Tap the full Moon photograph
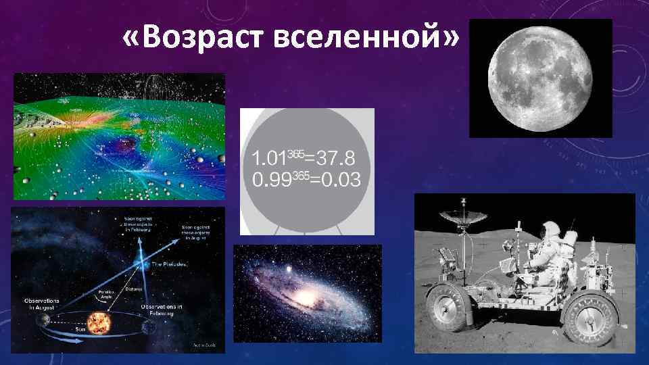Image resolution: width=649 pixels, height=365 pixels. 540,78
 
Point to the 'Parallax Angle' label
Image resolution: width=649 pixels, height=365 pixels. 91,295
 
